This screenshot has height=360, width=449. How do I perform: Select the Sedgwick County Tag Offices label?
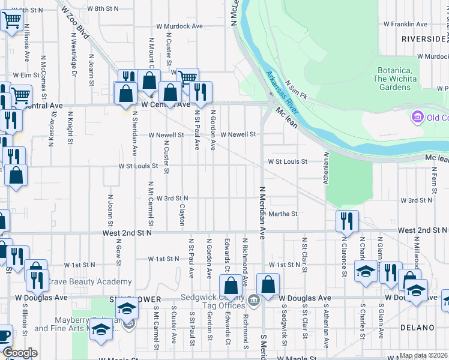click(x=217, y=302)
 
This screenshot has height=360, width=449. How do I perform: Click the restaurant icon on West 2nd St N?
click(x=347, y=220)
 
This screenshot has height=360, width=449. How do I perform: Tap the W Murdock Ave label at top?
click(x=179, y=26)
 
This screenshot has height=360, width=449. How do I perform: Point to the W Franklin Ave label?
click(x=405, y=25)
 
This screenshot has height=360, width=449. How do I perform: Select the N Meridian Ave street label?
click(x=262, y=212)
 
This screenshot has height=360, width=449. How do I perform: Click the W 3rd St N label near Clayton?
click(x=172, y=198)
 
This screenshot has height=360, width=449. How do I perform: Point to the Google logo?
click(x=20, y=353)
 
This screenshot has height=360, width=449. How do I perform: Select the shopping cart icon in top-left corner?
click(x=11, y=20)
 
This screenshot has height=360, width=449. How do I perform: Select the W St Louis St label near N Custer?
click(x=138, y=166)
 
